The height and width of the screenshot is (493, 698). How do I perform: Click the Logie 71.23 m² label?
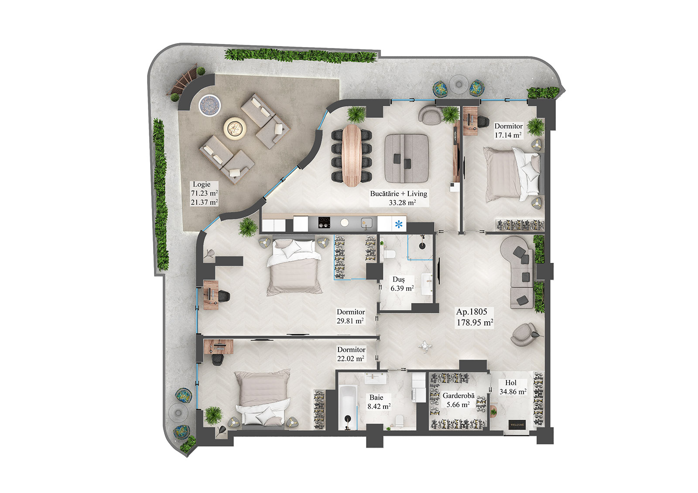[204, 193]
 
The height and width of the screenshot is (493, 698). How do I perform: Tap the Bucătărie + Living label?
[399, 198]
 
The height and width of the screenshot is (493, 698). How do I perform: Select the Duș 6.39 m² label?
[401, 284]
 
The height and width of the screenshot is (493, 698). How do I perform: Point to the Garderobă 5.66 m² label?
[458, 400]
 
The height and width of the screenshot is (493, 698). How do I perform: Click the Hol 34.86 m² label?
[512, 387]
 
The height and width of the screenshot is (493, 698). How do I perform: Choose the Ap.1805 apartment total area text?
[475, 317]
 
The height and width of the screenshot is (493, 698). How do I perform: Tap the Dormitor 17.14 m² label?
[508, 130]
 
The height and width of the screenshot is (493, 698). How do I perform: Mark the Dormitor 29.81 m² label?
[350, 316]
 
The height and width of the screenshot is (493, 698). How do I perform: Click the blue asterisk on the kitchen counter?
[398, 224]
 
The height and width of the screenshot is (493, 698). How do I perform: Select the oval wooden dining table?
[352, 155]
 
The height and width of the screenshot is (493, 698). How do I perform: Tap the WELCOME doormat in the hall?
[517, 425]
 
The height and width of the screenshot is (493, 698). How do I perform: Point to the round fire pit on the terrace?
[235, 127]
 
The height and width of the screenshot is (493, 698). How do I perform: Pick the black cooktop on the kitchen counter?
[323, 223]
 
